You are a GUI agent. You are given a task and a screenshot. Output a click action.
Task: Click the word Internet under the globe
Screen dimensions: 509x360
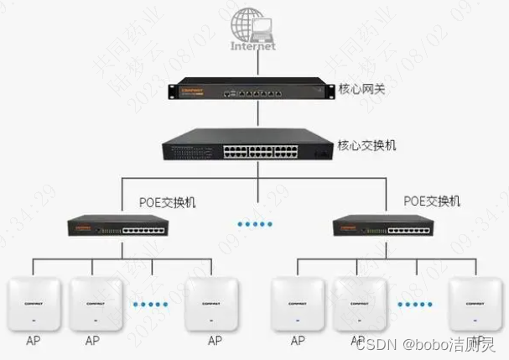click(x=253, y=47)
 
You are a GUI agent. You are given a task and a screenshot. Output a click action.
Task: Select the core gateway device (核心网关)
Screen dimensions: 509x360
click(x=247, y=90)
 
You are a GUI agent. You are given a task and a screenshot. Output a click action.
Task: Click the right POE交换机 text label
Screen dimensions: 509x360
click(x=432, y=201)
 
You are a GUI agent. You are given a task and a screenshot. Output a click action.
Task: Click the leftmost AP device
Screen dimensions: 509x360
click(x=33, y=302)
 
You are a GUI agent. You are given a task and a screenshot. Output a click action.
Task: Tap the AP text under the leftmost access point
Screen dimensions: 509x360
click(x=33, y=341)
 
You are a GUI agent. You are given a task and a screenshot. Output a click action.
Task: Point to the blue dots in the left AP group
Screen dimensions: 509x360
click(x=152, y=303)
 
